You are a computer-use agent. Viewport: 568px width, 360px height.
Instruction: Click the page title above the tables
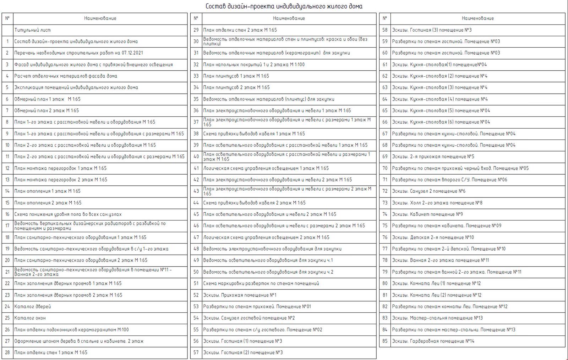tap(284, 6)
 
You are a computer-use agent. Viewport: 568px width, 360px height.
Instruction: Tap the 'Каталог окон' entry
tap(30, 318)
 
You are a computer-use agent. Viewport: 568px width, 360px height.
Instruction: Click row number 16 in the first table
tap(7, 214)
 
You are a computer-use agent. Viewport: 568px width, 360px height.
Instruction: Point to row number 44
tap(196, 203)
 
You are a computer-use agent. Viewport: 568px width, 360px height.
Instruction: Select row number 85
tap(385, 341)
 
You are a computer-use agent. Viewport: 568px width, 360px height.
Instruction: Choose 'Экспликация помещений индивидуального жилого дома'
tap(76, 87)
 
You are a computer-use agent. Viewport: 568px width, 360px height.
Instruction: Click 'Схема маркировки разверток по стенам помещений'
tap(261, 283)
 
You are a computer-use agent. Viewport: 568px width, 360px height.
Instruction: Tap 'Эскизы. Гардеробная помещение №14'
tap(433, 341)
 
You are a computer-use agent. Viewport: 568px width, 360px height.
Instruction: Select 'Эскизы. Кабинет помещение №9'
tap(427, 214)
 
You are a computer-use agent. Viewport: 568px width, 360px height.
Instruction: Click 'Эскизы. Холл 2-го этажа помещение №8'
tap(437, 203)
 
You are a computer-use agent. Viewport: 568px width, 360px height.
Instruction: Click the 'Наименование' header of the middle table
tap(289, 18)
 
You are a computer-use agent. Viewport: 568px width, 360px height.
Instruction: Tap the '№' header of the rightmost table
tap(385, 18)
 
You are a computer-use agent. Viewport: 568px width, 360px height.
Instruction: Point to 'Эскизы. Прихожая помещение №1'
tap(240, 295)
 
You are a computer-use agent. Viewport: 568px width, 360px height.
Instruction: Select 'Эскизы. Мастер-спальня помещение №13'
tap(437, 318)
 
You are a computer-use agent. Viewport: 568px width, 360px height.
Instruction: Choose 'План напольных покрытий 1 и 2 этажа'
tap(254, 65)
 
